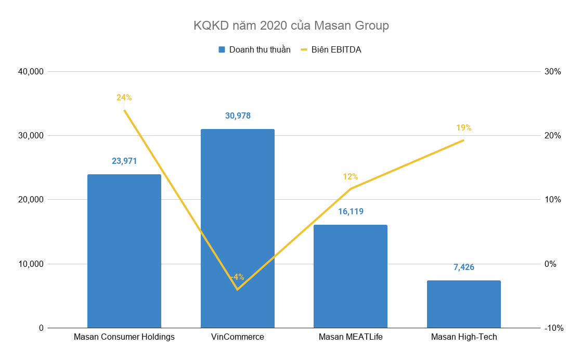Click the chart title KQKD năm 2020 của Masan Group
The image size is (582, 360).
click(291, 25)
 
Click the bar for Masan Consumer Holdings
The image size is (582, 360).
click(124, 251)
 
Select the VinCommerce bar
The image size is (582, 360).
click(237, 229)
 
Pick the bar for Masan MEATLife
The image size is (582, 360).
click(351, 276)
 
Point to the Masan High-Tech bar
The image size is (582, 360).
click(463, 304)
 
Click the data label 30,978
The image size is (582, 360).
click(238, 116)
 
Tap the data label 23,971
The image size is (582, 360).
click(124, 161)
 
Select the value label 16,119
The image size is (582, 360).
click(351, 212)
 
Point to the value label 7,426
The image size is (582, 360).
click(463, 267)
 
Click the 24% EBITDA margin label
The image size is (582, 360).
click(124, 98)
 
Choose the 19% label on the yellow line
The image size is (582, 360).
click(463, 128)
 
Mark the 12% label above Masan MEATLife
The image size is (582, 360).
click(351, 177)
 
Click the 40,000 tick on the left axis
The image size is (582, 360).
click(30, 72)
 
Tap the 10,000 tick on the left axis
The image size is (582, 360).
click(30, 264)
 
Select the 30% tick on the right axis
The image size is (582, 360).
click(552, 72)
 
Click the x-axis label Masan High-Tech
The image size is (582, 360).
click(464, 337)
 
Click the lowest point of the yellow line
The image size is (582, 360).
click(237, 289)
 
